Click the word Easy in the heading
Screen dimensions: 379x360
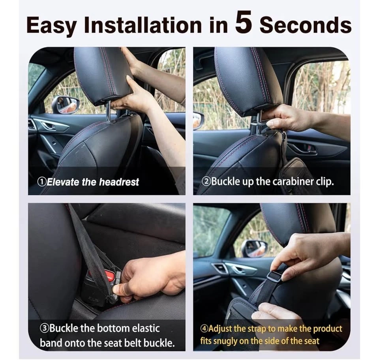click(51, 26)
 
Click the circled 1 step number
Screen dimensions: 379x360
click(41, 181)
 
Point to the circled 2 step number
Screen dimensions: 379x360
click(206, 181)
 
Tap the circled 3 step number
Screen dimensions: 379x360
click(44, 328)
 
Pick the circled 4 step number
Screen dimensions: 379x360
click(204, 328)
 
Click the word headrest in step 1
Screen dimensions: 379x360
click(119, 181)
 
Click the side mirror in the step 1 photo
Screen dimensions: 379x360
click(65, 104)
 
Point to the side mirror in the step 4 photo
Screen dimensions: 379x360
click(254, 248)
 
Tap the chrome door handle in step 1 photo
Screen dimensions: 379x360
click(50, 126)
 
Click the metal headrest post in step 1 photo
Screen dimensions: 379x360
click(109, 112)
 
